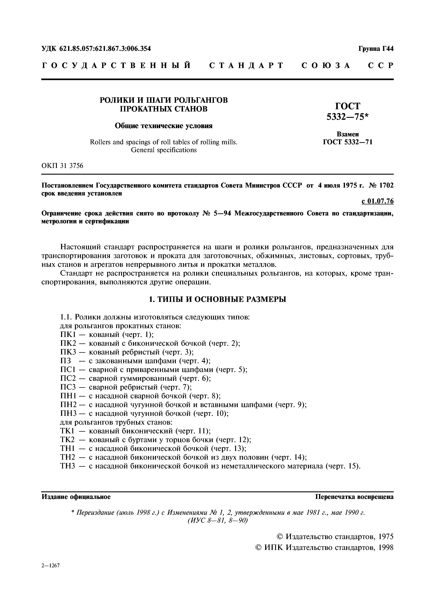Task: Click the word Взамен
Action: point(348,134)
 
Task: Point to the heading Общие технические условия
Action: point(164,126)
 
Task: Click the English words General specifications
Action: point(164,150)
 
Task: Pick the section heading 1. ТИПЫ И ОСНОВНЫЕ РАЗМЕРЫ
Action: point(217,299)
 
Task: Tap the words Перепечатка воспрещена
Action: point(354,497)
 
